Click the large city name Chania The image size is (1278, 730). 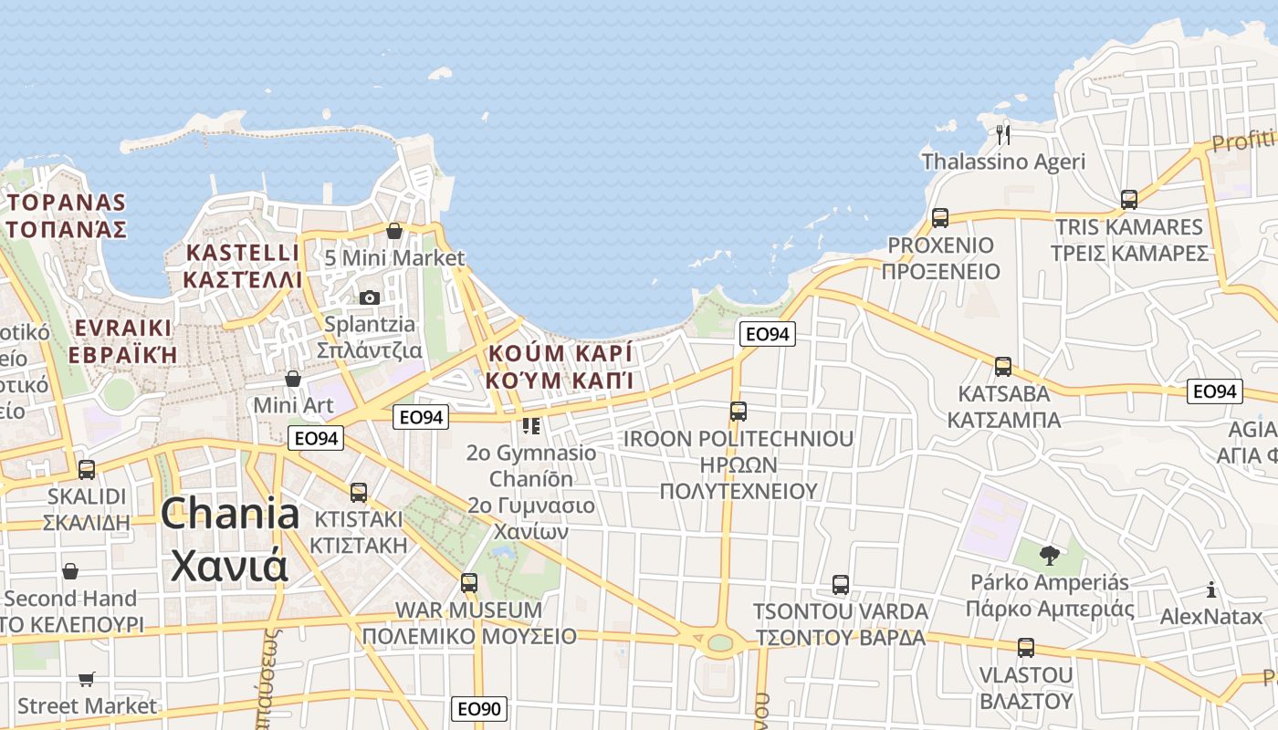[x=230, y=515]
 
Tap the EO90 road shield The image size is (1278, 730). [x=479, y=709]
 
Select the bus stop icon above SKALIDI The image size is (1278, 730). [x=87, y=470]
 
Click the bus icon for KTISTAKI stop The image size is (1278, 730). [x=359, y=493]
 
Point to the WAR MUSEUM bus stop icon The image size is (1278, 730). [x=469, y=582]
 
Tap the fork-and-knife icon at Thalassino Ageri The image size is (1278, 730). [x=1004, y=135]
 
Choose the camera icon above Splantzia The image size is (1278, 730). [x=370, y=297]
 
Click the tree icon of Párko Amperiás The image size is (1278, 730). [x=1050, y=555]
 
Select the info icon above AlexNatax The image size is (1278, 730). [x=1211, y=590]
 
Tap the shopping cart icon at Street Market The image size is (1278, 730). [x=87, y=679]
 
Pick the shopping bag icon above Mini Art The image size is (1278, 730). [x=293, y=378]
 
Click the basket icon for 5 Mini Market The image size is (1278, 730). [x=394, y=231]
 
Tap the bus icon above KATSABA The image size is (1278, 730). [x=1003, y=367]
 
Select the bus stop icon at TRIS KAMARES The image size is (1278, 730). [x=1129, y=200]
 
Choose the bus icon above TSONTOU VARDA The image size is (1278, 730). [x=841, y=585]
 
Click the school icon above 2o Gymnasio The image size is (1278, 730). [x=530, y=425]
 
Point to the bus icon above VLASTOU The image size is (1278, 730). [x=1026, y=648]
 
